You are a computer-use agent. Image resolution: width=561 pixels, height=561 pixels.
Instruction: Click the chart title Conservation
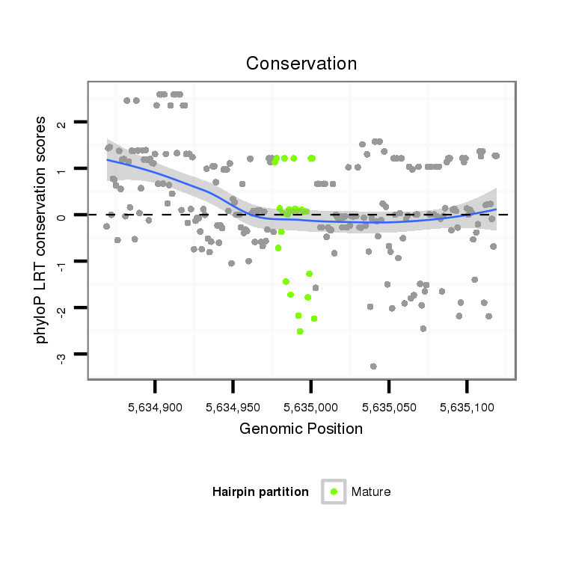tap(301, 64)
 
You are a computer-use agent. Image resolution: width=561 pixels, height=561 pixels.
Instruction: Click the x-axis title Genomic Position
tap(301, 429)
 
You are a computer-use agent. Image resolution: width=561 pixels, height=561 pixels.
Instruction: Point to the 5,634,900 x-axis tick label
tap(155, 409)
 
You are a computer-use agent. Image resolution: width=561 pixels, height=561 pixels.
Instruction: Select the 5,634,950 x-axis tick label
tap(233, 409)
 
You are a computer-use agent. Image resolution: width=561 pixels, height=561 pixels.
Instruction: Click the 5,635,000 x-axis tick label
tap(310, 409)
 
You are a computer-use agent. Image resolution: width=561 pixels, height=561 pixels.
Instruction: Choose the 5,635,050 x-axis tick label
tap(389, 409)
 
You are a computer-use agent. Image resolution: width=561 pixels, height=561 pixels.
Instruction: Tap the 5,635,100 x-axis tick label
tap(467, 409)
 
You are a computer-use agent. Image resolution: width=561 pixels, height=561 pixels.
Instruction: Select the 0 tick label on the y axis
tap(62, 215)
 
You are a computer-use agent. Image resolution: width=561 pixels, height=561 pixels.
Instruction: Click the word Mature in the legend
tap(371, 491)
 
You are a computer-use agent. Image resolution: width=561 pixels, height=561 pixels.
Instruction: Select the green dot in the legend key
tap(334, 491)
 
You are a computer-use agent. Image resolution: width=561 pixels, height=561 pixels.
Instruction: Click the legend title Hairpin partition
tap(260, 491)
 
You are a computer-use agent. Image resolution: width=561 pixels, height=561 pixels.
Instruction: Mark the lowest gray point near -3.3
tap(373, 366)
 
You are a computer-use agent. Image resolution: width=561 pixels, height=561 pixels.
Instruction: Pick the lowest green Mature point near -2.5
tap(300, 331)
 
